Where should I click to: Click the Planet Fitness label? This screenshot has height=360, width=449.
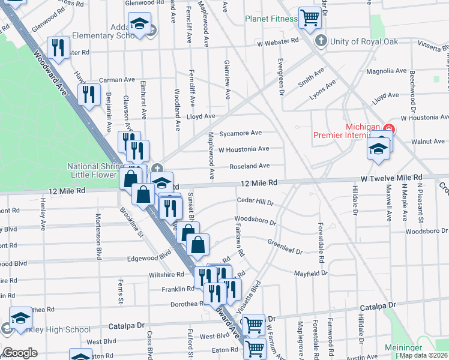pos(271,19)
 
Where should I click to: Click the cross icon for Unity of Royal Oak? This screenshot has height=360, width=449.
pos(321,41)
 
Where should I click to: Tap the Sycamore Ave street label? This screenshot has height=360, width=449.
pos(241,133)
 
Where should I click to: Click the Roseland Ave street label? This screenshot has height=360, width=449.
pos(249,166)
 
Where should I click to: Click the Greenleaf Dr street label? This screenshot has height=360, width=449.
pos(285,248)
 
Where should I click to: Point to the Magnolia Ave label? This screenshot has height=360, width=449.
pos(387,71)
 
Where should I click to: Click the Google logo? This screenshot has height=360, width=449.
pos(20,353)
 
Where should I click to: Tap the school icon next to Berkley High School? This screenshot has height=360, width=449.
pos(20,317)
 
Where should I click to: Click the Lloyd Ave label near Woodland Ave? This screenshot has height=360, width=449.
pos(200,116)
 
